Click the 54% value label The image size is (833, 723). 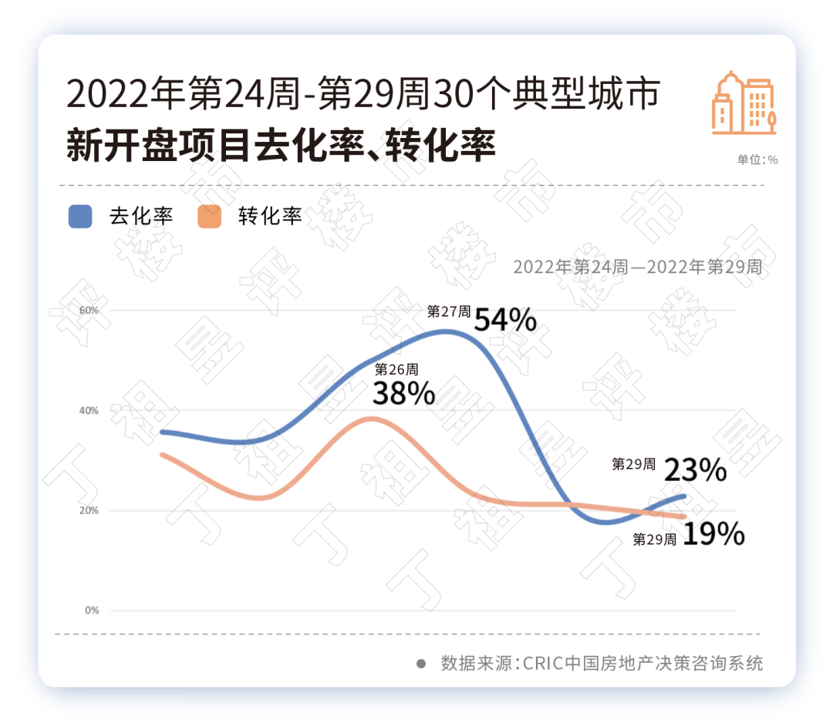(x=505, y=319)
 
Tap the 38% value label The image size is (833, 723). (x=403, y=394)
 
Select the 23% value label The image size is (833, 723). (x=695, y=469)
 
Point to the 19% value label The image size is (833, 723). (x=713, y=534)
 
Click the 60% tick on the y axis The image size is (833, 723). (x=89, y=310)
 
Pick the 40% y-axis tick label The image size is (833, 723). (x=89, y=410)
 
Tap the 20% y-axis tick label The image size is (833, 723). (x=89, y=510)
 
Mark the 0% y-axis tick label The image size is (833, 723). (x=93, y=610)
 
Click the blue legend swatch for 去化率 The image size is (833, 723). (x=80, y=217)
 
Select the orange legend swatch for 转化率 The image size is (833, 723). (x=209, y=217)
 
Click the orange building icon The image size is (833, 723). (x=744, y=103)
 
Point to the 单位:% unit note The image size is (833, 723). (x=757, y=160)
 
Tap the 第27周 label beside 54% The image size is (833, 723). (x=449, y=311)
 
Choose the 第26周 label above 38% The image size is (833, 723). (x=396, y=369)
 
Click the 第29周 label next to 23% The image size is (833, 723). (x=634, y=464)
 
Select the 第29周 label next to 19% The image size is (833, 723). (x=655, y=540)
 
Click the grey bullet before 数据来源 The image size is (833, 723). (x=421, y=663)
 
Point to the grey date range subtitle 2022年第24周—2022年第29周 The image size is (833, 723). (x=637, y=267)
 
